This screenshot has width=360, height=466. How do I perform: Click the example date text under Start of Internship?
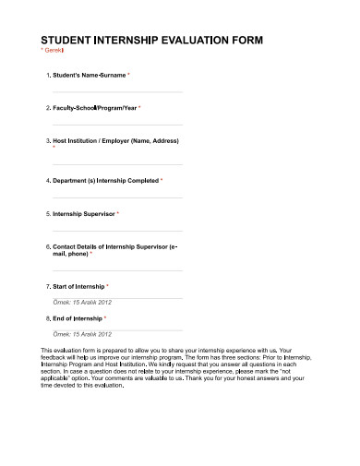tap(81, 302)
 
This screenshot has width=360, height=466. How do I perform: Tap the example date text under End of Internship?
tap(81, 332)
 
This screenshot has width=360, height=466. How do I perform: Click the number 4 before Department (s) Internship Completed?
tap(47, 180)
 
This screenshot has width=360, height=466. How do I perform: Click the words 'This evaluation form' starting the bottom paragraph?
tap(70, 352)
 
